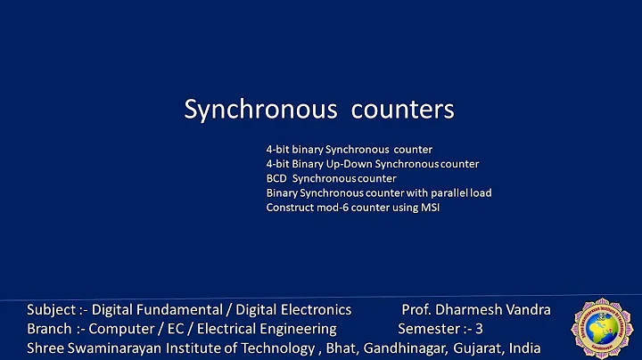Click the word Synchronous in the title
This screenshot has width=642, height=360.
(259, 110)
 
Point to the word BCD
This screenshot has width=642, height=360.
(276, 178)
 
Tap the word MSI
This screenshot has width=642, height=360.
(430, 207)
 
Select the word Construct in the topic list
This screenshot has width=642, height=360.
(287, 207)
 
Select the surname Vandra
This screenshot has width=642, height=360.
(527, 310)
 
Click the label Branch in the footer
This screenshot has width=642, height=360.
(49, 329)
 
